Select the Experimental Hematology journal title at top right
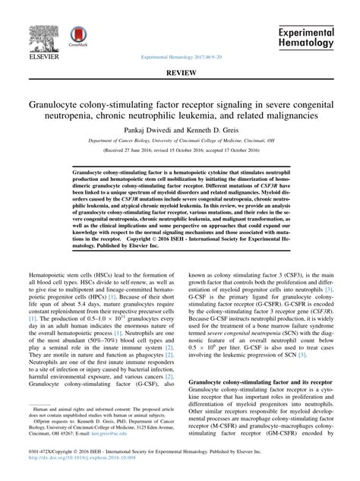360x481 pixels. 305,38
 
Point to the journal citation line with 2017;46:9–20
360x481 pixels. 180,57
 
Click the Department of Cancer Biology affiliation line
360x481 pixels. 180,141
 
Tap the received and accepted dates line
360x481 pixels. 180,150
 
